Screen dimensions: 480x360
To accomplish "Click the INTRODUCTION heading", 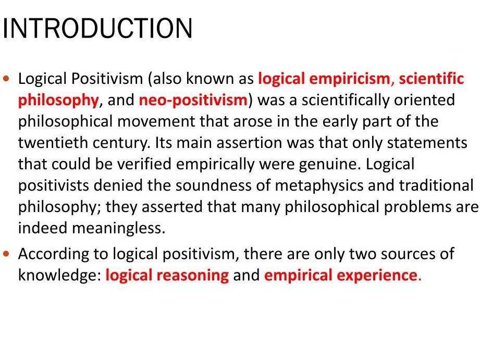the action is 97,28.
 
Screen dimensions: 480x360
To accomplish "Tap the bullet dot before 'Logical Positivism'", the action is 6,79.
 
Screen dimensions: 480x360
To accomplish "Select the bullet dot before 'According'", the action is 6,254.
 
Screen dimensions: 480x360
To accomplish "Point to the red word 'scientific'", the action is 432,79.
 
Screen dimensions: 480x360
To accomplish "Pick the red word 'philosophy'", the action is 58,101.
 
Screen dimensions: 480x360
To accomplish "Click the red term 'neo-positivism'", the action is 193,101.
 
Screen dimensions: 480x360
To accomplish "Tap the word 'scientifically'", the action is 346,101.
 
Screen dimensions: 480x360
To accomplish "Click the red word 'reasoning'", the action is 192,276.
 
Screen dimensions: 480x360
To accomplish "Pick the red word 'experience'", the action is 377,276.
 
